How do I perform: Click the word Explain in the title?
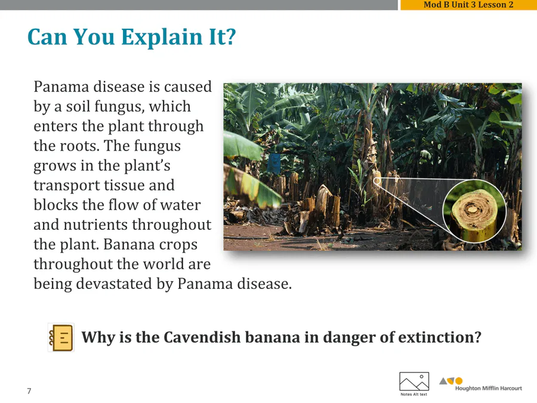pyautogui.click(x=161, y=37)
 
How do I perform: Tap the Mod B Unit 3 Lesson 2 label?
pyautogui.click(x=468, y=4)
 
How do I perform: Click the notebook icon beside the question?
pyautogui.click(x=61, y=337)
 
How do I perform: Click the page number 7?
pyautogui.click(x=29, y=391)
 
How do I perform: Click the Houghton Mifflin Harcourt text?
pyautogui.click(x=488, y=388)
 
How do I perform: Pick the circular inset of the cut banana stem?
pyautogui.click(x=474, y=211)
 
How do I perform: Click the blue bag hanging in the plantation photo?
pyautogui.click(x=274, y=163)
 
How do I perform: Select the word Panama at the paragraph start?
pyautogui.click(x=61, y=87)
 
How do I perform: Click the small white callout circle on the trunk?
pyautogui.click(x=376, y=180)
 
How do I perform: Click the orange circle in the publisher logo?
pyautogui.click(x=459, y=381)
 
